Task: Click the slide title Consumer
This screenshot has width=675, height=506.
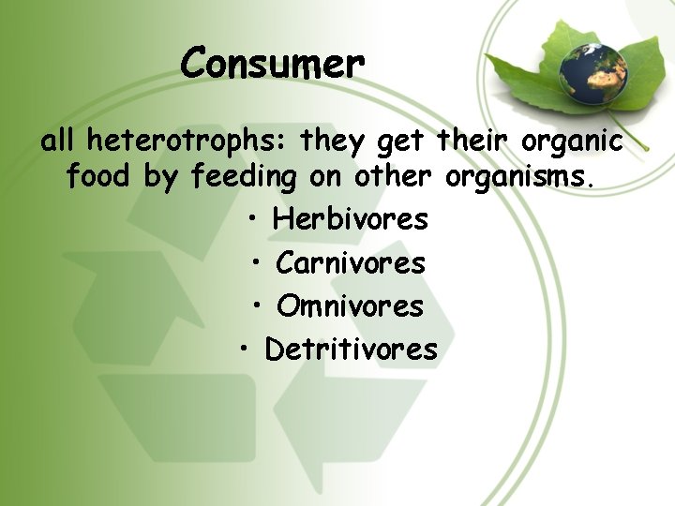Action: (x=272, y=64)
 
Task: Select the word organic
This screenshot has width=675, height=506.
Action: (x=571, y=142)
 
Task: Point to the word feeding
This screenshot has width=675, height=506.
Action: (x=244, y=177)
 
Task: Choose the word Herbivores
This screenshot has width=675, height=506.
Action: (x=350, y=219)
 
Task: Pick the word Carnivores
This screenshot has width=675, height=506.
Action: (x=350, y=263)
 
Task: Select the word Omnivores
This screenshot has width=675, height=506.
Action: (x=350, y=306)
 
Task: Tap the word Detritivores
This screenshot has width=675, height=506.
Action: (x=351, y=350)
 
